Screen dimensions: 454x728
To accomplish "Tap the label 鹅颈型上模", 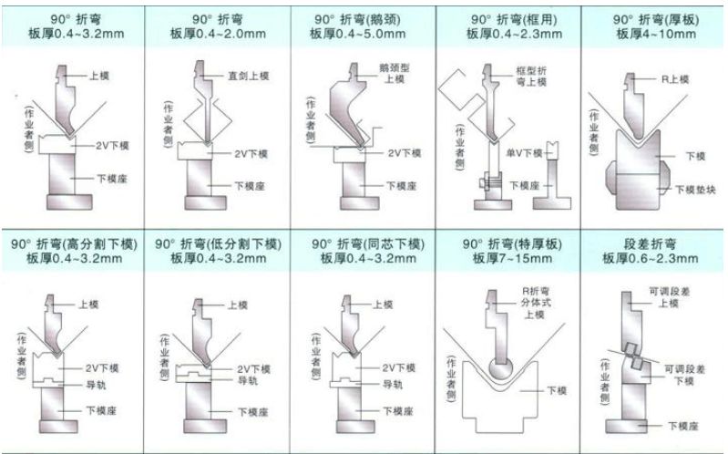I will point(394,74).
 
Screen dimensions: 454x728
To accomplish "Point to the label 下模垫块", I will point(696,189).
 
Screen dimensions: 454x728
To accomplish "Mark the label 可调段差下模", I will point(683,374).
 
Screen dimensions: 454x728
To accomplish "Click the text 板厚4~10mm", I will point(655,35).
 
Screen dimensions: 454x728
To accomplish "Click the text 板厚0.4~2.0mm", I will point(218,35).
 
